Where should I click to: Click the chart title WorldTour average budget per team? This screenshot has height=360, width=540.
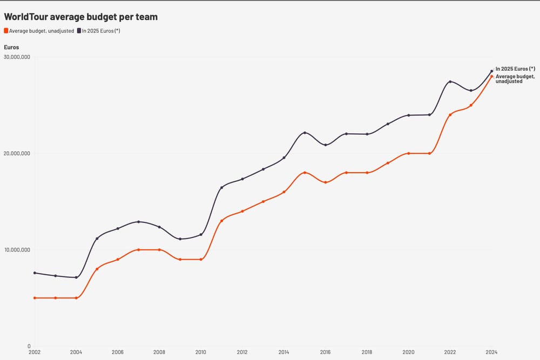point(80,17)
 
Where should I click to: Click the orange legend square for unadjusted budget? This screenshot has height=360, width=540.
point(6,31)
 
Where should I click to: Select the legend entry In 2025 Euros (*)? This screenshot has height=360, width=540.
point(100,31)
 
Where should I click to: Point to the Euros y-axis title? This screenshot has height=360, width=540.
point(11,47)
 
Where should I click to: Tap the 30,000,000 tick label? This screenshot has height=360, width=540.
point(17,57)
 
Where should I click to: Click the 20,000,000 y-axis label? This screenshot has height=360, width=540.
point(17,153)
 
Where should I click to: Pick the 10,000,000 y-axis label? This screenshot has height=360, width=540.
point(17,249)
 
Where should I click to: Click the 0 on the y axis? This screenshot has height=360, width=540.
point(29,346)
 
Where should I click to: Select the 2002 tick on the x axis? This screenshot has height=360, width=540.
point(35,352)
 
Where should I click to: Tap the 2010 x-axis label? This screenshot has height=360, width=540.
point(200,352)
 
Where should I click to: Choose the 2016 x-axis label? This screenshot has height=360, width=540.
point(325,352)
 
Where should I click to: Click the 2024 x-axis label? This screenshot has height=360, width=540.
point(491,352)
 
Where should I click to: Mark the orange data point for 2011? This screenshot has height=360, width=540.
point(221,221)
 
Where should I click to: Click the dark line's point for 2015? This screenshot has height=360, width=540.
point(305,133)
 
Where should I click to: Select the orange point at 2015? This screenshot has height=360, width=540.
point(305,173)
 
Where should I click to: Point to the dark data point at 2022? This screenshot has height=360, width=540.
point(450,82)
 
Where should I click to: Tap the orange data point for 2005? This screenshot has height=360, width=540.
point(97,269)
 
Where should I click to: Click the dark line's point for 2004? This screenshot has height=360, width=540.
point(76,277)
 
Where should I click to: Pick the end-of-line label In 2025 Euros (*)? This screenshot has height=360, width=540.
point(515,69)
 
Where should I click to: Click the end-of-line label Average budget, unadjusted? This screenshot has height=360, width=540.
point(515,79)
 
